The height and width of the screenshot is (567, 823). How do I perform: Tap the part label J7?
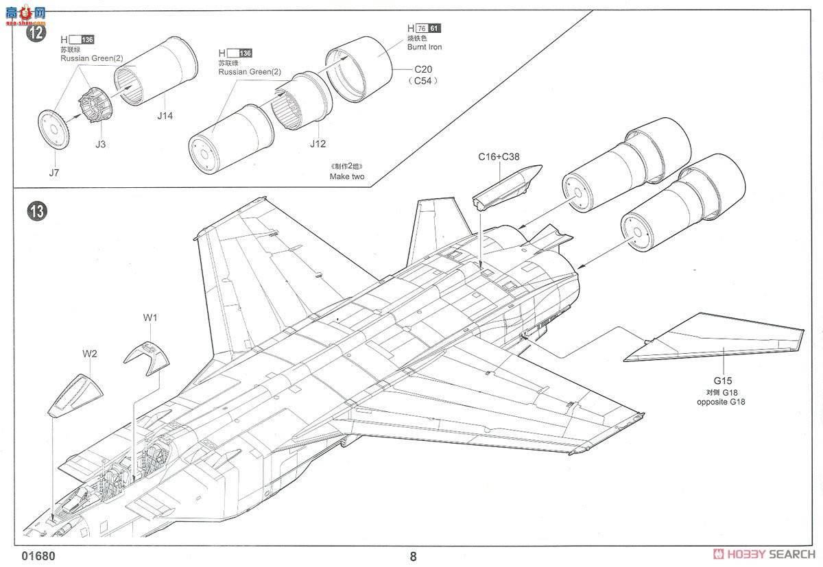pos(54,172)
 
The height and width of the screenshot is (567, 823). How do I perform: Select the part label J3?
pos(101,144)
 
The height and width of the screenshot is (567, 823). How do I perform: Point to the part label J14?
pos(165,116)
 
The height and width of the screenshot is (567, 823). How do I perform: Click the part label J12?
pos(317,144)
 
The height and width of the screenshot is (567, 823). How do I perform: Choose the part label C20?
pos(425,70)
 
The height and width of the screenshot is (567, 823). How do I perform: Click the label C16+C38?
pos(499,156)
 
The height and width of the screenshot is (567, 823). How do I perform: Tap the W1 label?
pos(150,317)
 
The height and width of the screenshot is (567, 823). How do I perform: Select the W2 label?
pos(89,354)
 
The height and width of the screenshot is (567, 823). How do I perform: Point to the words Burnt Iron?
pos(425,47)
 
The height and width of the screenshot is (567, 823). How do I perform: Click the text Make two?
pos(347,176)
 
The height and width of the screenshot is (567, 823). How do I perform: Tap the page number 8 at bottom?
pos(413,556)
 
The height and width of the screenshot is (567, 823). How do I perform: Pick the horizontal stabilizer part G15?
pos(713,339)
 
